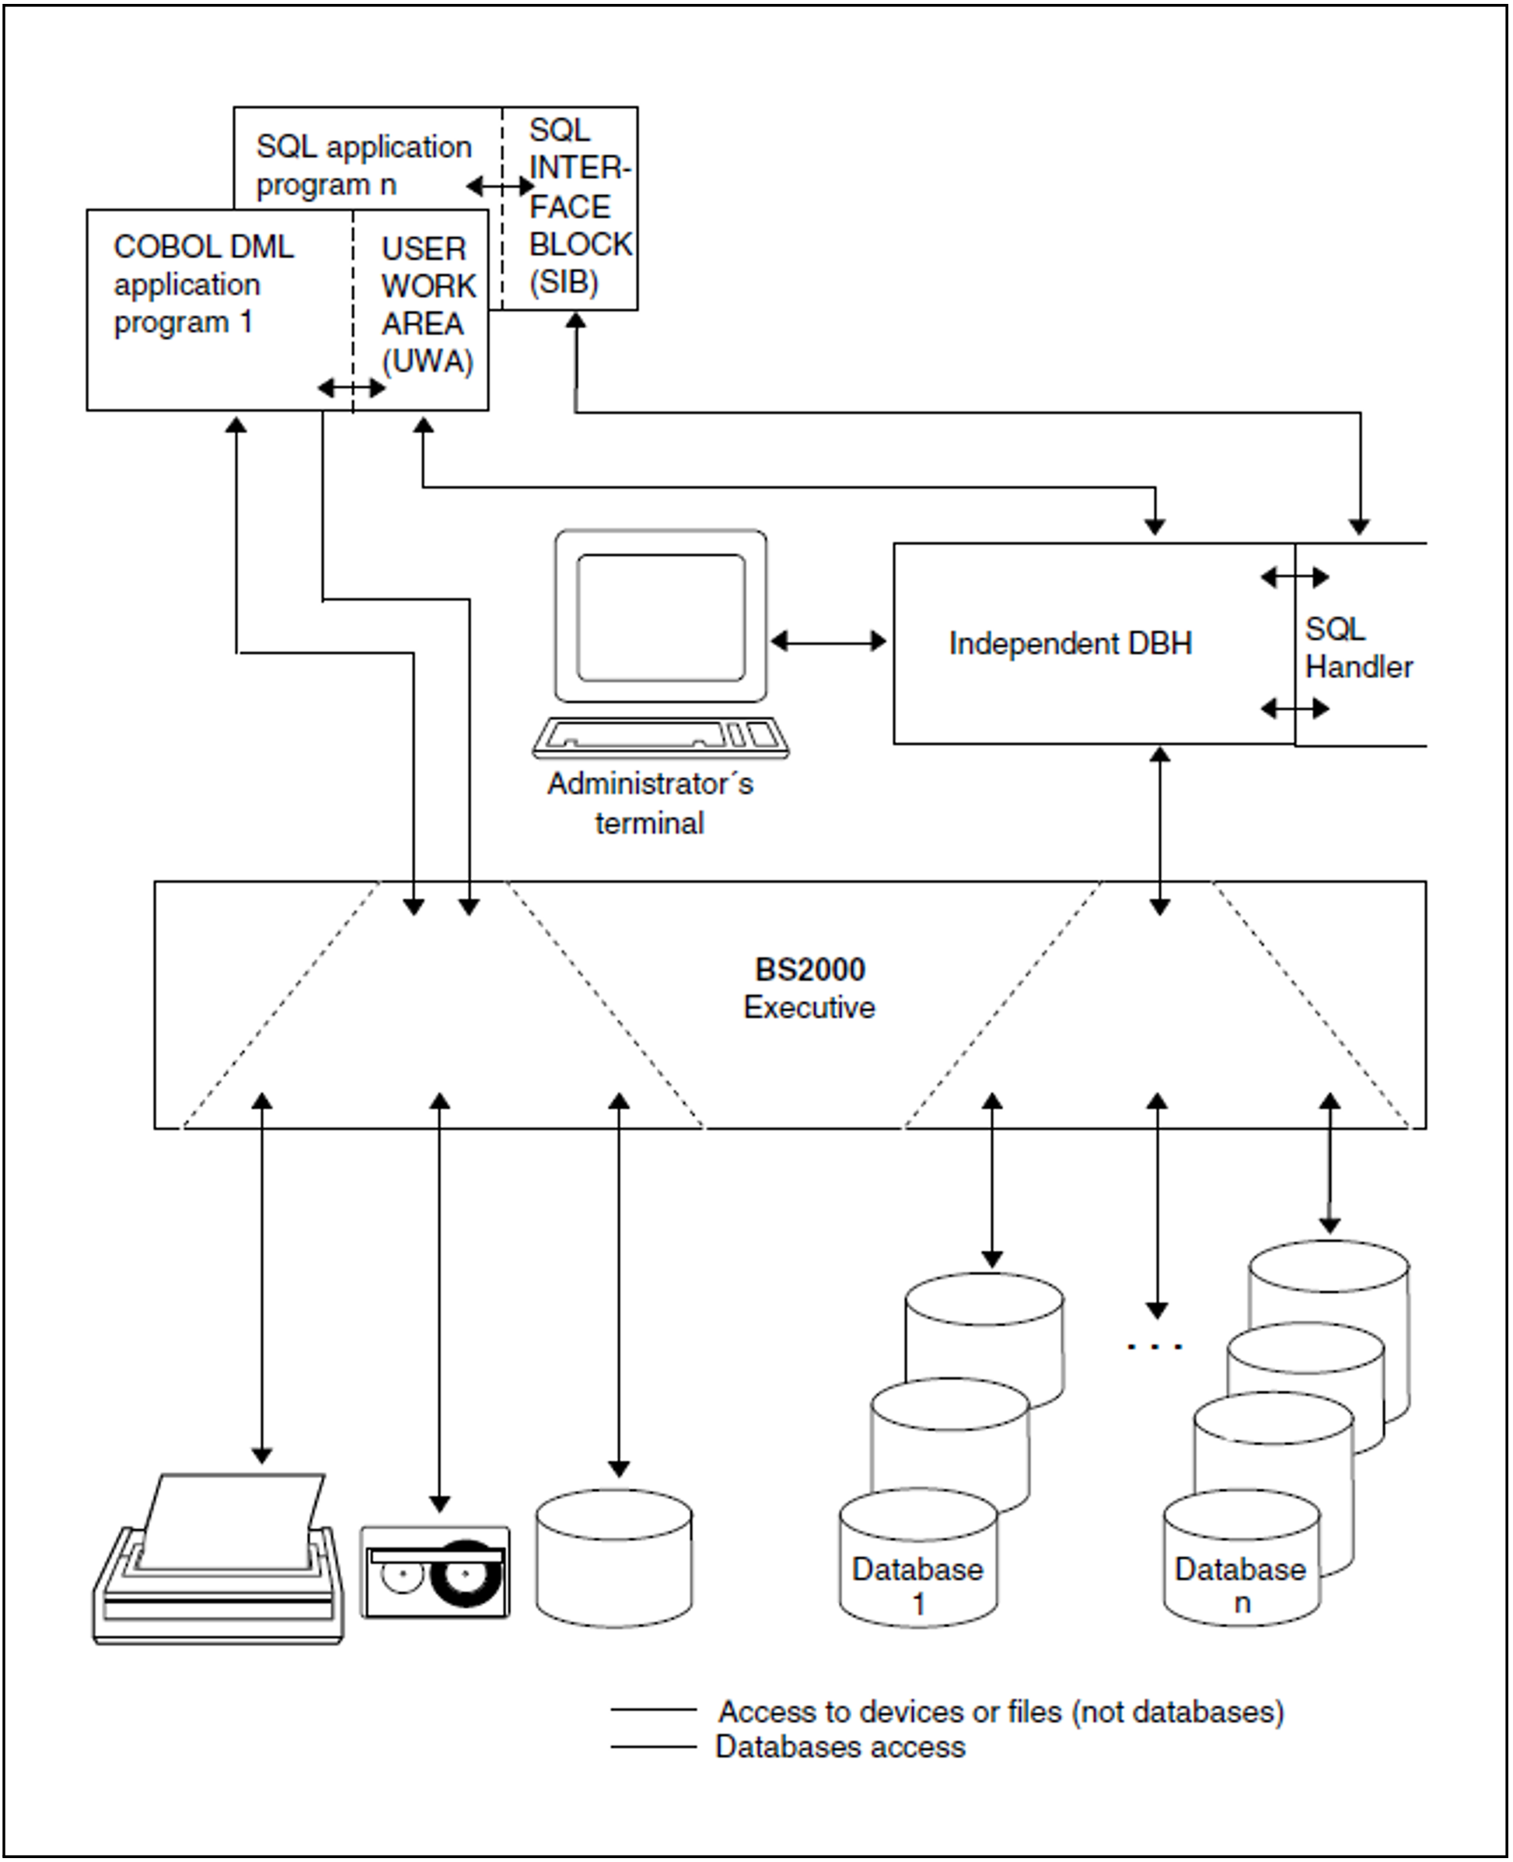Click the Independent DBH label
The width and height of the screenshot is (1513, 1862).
point(1071,644)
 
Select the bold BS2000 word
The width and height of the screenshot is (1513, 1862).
point(809,969)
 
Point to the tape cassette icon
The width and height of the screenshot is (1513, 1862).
point(435,1573)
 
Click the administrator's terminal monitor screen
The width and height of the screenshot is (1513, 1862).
point(661,617)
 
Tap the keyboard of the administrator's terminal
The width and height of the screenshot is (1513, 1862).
point(661,737)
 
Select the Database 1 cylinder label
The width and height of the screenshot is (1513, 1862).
point(917,1586)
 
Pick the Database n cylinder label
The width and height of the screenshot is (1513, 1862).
point(1240,1586)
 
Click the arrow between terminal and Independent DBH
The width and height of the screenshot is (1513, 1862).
point(829,642)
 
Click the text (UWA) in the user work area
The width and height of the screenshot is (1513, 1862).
point(427,362)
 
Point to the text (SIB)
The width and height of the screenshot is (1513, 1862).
point(564,282)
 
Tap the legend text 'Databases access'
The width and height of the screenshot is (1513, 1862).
point(840,1747)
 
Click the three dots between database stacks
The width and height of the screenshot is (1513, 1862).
point(1155,1347)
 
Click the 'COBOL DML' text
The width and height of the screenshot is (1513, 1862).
point(203,247)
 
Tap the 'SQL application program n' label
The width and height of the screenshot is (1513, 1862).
point(363,166)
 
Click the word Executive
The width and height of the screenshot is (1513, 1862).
point(809,1008)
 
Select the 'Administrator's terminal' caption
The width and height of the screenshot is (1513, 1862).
point(650,803)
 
